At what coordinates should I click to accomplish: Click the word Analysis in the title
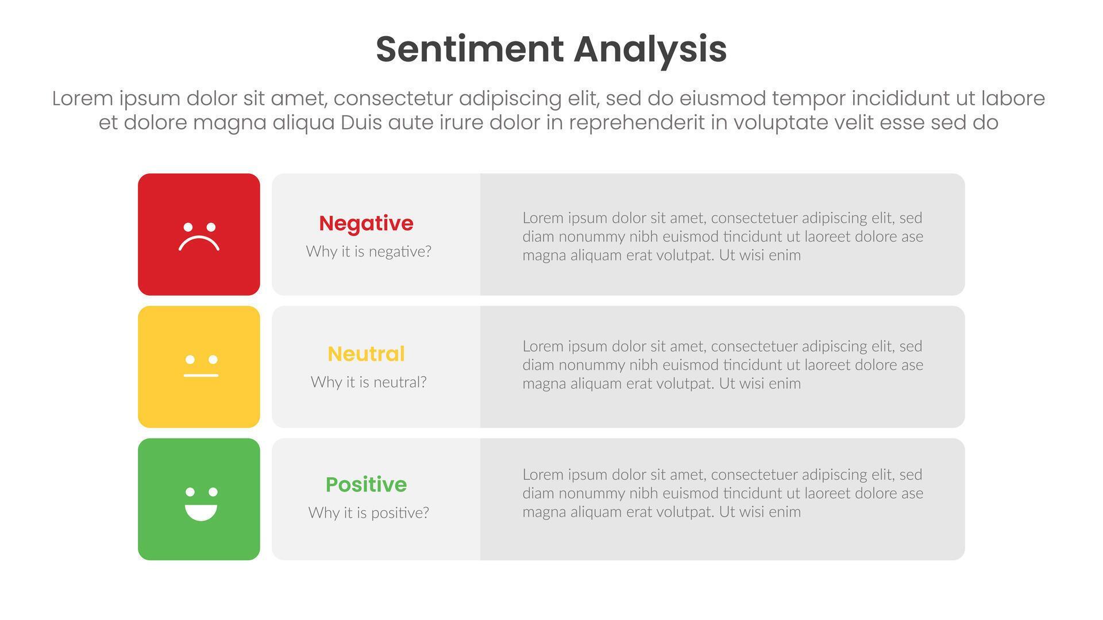(650, 51)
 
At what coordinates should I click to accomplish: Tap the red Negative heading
(366, 223)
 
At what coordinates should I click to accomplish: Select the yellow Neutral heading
(366, 354)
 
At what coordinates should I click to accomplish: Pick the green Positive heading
(366, 485)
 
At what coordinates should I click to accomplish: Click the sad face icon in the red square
(199, 237)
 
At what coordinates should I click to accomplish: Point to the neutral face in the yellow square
(201, 366)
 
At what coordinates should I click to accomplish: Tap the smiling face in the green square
(201, 503)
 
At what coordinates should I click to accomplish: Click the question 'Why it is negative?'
(368, 251)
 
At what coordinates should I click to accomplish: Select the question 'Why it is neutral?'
(368, 382)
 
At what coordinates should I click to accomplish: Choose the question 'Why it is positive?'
(368, 513)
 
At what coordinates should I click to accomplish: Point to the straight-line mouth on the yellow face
(201, 375)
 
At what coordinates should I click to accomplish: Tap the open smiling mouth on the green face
(201, 513)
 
